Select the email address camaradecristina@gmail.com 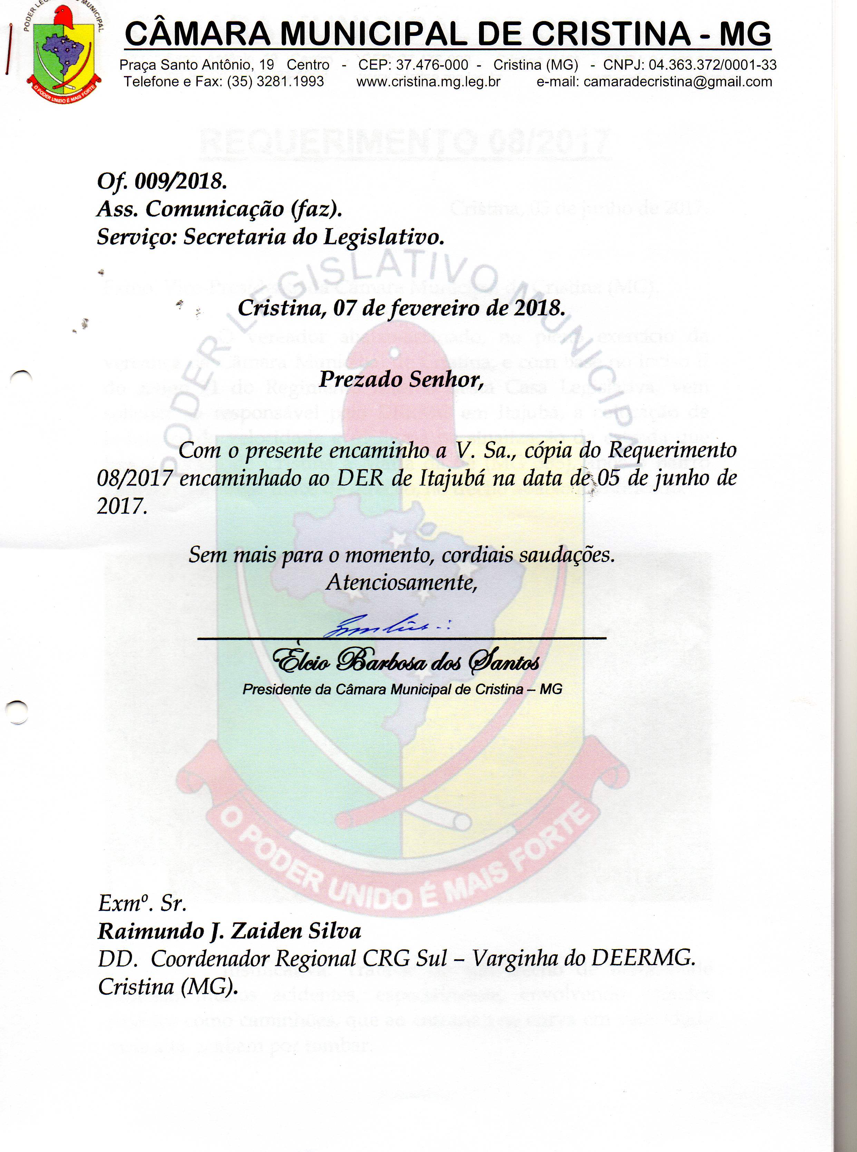click(x=678, y=82)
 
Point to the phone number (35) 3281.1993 click(x=275, y=82)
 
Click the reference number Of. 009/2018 click(x=162, y=181)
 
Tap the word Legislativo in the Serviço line click(x=384, y=237)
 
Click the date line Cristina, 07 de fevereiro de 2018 click(x=401, y=308)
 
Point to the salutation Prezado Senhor click(x=401, y=380)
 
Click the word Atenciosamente click(x=401, y=582)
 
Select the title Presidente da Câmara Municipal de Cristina click(x=402, y=689)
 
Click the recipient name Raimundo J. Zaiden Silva click(x=229, y=931)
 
